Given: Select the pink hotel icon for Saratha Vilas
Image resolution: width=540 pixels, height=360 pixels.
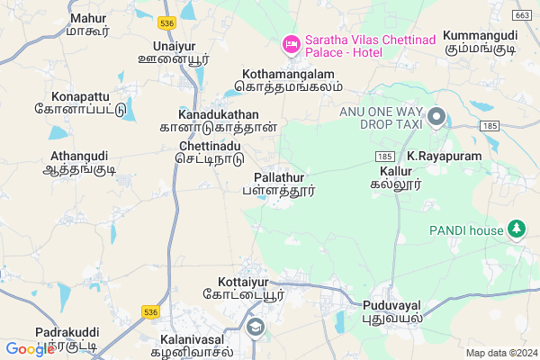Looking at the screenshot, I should pos(291,42).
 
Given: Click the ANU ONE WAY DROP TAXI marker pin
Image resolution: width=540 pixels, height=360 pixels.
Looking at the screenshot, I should pos(436,117).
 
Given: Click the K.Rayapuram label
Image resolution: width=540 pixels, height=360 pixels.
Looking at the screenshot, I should pos(445,156).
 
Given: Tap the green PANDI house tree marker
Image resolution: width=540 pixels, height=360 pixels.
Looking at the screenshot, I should pos(517,229).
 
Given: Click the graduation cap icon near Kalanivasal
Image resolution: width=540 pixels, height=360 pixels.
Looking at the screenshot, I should pos(256,328).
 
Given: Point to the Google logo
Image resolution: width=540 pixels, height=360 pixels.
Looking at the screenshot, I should pos(30,348).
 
